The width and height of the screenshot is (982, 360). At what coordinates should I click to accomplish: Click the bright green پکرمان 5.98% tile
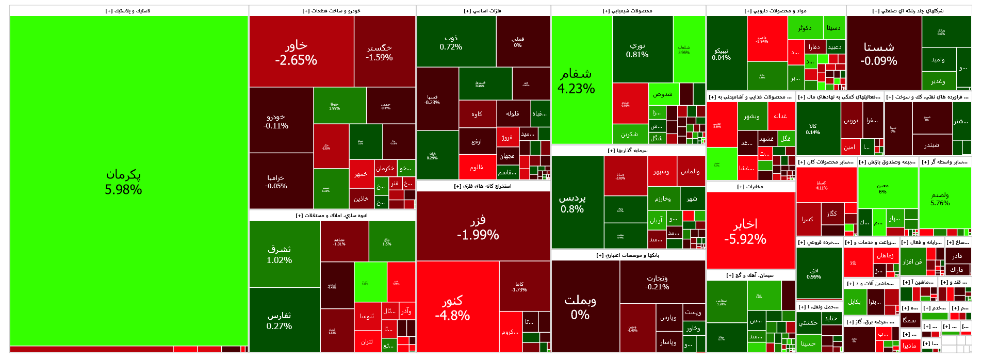124,182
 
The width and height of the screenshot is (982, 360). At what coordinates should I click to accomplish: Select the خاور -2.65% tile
296,53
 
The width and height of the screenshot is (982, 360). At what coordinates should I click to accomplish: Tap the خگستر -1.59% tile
379,53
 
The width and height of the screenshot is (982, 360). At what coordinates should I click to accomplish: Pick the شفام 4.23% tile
576,81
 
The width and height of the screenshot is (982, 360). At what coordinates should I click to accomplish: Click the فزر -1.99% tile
478,227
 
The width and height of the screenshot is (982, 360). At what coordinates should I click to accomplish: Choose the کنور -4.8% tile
452,307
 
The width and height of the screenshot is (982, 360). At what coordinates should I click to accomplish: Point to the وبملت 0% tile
580,307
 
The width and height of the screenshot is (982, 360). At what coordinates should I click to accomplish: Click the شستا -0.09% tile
879,54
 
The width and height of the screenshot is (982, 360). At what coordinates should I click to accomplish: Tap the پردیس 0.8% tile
572,203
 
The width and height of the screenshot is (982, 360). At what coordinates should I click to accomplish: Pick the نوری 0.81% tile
637,50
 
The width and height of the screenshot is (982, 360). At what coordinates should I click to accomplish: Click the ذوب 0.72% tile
451,42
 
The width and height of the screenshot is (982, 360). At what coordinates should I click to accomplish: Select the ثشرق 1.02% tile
279,254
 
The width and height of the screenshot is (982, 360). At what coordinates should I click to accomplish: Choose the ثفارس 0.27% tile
279,320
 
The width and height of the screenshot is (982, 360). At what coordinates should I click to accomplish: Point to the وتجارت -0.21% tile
657,282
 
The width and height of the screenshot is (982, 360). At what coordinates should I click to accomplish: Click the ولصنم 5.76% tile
940,199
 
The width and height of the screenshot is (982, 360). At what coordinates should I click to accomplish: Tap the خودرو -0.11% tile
276,121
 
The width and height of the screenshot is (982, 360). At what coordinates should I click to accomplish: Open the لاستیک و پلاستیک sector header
129,11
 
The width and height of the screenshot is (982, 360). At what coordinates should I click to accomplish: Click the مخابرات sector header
750,187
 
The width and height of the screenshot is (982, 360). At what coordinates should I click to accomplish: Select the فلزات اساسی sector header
483,11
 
